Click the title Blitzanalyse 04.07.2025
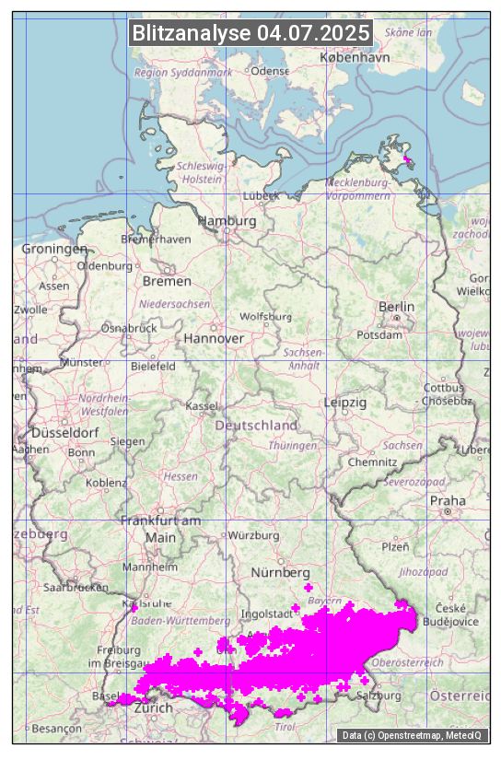point(250,33)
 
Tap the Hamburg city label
point(227,222)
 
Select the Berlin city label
point(396,307)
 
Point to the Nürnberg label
point(281,574)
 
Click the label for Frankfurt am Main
point(160,529)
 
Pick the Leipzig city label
point(345,403)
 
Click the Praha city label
point(448,500)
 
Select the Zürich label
point(153,708)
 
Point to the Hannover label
point(214,339)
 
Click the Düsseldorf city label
point(65,433)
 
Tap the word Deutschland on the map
point(256,426)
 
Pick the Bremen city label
point(167,281)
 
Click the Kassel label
point(201,405)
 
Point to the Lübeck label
point(261,196)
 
